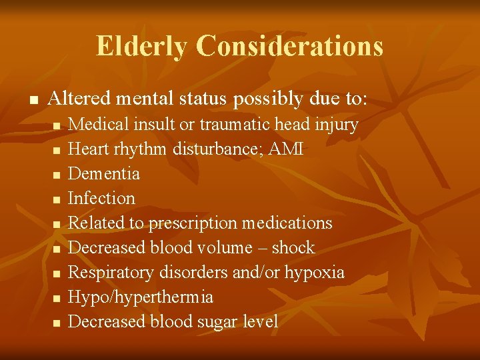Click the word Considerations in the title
pos(290,46)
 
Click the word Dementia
pos(104,173)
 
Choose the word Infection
pos(101,198)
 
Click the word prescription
pos(193,223)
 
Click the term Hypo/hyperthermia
pos(141,297)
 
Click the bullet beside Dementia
pos(57,175)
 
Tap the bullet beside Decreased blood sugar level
pos(57,323)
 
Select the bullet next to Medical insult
pos(57,125)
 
